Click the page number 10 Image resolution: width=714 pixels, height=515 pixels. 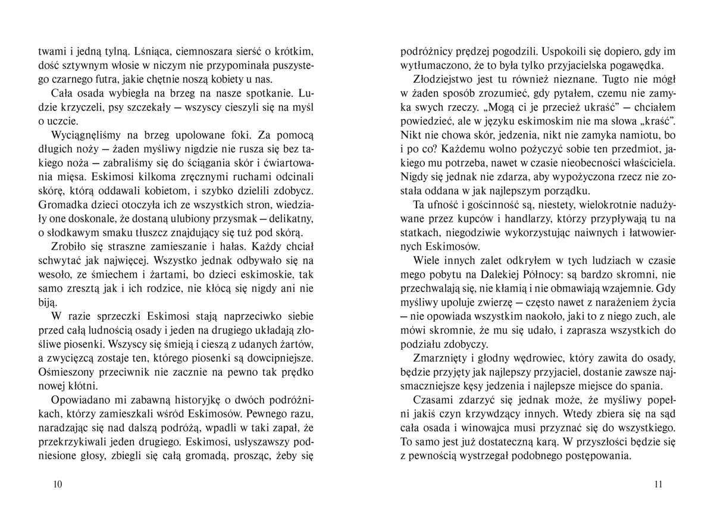point(58,483)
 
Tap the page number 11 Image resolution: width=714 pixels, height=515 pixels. point(657,483)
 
